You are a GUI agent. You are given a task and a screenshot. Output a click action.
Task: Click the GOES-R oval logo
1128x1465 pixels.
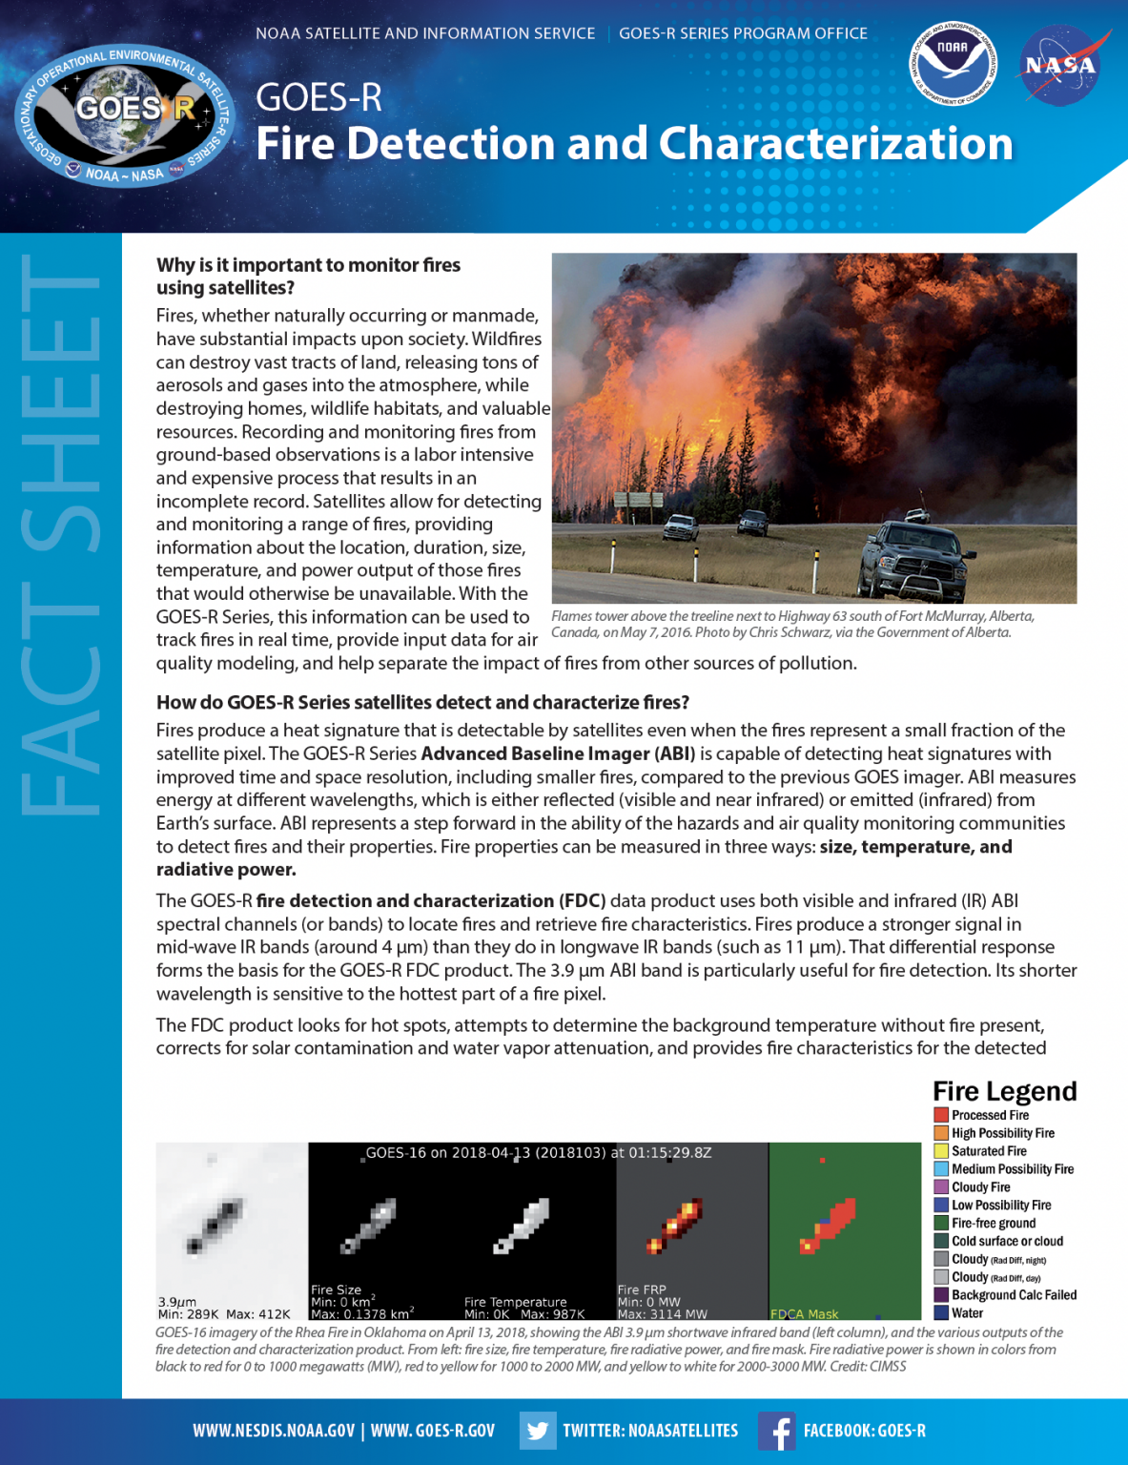(125, 115)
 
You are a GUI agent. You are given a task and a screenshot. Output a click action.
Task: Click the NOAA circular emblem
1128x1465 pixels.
(953, 64)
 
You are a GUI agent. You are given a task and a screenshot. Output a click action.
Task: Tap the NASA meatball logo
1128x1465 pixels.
(1060, 66)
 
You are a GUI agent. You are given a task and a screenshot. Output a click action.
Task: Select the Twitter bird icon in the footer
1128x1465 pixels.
(538, 1431)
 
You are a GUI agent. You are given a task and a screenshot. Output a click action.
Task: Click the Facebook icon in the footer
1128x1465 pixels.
(777, 1431)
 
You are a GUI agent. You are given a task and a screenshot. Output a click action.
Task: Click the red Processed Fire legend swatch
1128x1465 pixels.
(941, 1115)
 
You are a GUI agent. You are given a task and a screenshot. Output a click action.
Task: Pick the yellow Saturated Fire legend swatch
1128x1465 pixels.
(941, 1151)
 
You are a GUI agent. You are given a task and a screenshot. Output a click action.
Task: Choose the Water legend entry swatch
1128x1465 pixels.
(941, 1313)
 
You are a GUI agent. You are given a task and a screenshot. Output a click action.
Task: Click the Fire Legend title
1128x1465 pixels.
(1004, 1091)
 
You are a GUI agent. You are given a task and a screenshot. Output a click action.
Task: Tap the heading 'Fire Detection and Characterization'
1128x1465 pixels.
(634, 144)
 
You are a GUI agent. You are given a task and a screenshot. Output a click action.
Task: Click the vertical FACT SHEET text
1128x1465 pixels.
(60, 534)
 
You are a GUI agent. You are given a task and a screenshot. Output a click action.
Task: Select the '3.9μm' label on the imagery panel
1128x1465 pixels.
(177, 1301)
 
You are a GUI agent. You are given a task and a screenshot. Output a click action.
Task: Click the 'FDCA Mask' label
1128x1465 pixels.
(804, 1314)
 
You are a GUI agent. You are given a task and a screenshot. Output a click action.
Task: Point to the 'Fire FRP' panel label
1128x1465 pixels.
(642, 1290)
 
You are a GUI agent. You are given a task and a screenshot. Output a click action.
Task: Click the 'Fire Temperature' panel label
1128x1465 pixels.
(515, 1302)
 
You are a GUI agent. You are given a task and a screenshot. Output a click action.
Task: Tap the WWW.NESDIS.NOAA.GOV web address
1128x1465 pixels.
(274, 1431)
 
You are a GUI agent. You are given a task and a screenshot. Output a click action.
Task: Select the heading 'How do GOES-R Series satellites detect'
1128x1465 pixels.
(422, 703)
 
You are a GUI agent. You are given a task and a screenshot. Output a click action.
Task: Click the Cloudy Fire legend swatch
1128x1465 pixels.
(941, 1187)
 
